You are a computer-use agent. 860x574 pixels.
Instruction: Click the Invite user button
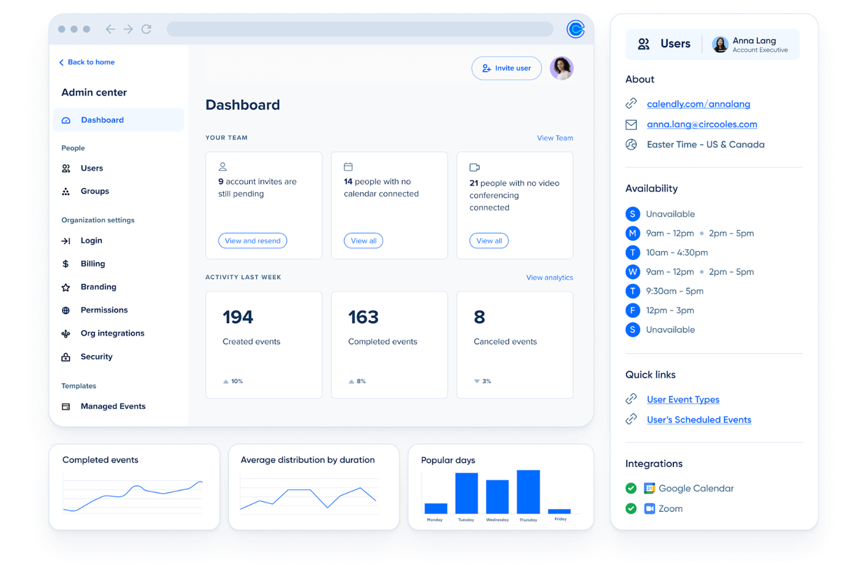click(x=506, y=68)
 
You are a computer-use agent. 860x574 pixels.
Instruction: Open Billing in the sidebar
click(x=92, y=263)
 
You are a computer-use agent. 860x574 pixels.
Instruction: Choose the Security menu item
click(x=96, y=356)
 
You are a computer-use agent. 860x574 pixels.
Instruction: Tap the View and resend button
click(x=252, y=241)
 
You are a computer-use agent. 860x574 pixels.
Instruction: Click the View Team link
click(x=554, y=138)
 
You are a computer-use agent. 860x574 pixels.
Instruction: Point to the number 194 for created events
click(x=238, y=317)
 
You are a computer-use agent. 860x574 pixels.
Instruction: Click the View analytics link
click(x=549, y=277)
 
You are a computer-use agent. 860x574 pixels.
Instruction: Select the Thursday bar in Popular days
click(x=528, y=491)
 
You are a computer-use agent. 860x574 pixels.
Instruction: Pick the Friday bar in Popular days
click(x=559, y=511)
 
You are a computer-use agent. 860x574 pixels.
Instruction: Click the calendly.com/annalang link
click(x=698, y=104)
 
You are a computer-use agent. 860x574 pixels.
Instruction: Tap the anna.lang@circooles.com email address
click(x=701, y=124)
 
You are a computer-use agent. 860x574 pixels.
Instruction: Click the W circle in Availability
click(x=632, y=272)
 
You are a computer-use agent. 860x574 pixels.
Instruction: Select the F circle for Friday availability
click(x=632, y=311)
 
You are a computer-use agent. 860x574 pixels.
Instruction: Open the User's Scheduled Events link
click(x=698, y=420)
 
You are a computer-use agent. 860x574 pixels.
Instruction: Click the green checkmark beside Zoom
click(x=631, y=509)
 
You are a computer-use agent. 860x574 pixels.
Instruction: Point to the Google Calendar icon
click(x=649, y=489)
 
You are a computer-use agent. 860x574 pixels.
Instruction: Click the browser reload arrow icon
click(x=146, y=29)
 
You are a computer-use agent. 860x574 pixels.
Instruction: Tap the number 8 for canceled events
click(x=479, y=317)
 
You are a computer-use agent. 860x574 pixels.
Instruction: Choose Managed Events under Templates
click(x=113, y=407)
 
